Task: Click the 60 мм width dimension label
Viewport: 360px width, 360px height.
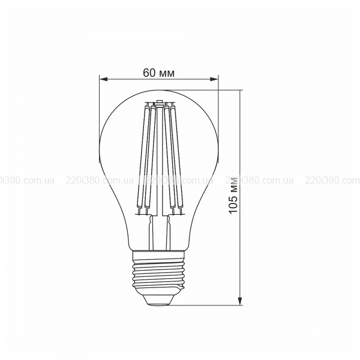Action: coord(158,73)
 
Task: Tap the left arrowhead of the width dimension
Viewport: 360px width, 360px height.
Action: coord(104,79)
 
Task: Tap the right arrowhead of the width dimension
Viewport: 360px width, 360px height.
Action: coord(214,79)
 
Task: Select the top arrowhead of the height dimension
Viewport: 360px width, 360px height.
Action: coord(240,94)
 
